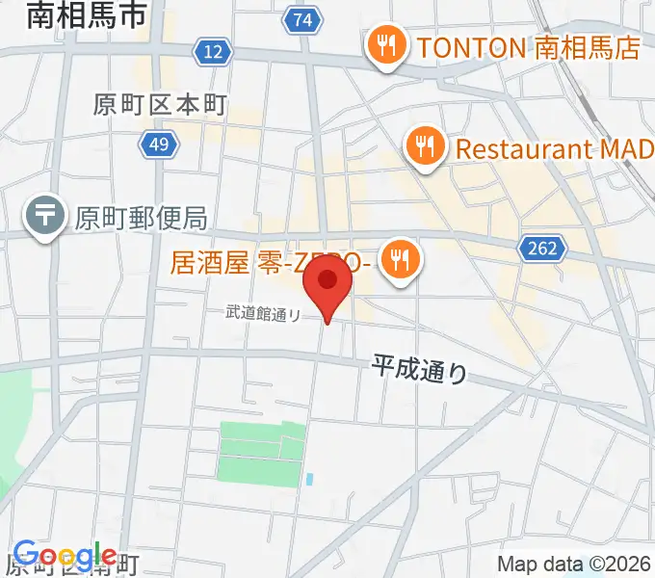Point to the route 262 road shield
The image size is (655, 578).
(x=541, y=249)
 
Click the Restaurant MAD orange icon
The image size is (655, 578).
(x=423, y=148)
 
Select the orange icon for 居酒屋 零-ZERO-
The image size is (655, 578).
(x=397, y=258)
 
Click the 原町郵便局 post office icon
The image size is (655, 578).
(x=45, y=216)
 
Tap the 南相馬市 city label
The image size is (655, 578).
(x=87, y=15)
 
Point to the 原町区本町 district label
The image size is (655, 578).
(x=160, y=104)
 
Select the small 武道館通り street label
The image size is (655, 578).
(x=263, y=312)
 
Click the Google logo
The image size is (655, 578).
(x=64, y=556)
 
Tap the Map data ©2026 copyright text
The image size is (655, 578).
(x=574, y=564)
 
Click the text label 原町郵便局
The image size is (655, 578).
(x=141, y=218)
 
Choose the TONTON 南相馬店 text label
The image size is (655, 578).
(x=527, y=46)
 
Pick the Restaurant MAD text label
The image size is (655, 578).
(x=555, y=149)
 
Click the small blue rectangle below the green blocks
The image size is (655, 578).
(x=308, y=478)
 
